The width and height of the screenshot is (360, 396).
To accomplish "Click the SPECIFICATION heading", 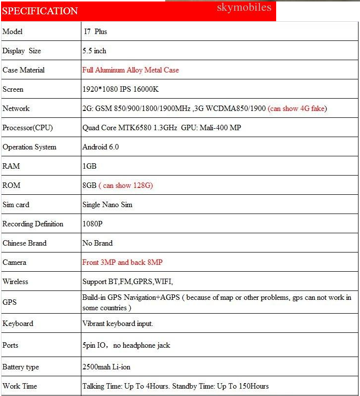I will click(x=40, y=11).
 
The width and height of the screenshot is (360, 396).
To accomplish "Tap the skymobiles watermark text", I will click(x=244, y=7).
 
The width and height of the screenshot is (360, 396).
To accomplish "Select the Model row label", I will click(x=13, y=32).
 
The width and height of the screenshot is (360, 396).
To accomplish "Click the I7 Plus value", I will click(x=95, y=32).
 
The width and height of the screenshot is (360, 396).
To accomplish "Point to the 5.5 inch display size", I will click(x=94, y=51).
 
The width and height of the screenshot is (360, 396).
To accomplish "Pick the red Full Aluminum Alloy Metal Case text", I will click(x=130, y=70).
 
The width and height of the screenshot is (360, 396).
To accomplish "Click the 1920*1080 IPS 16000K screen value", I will click(x=120, y=89).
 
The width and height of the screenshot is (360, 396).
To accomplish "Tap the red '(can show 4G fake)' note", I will click(x=297, y=108).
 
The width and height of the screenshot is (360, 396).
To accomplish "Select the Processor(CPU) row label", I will click(x=28, y=128).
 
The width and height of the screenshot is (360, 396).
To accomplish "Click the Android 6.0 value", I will click(x=101, y=147).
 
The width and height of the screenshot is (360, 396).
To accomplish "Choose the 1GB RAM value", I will click(x=89, y=166).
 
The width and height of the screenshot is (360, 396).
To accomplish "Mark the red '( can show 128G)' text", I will click(x=126, y=185).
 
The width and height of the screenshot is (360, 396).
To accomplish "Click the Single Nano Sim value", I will click(x=107, y=205).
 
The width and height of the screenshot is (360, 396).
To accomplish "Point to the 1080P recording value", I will click(x=92, y=224).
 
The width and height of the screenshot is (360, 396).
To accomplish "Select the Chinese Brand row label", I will click(x=25, y=243).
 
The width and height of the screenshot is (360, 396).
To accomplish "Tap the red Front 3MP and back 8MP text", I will click(x=122, y=262).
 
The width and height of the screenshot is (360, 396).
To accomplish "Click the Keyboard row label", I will click(x=18, y=324).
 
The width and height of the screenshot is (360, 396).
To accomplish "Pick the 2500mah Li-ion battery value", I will click(x=107, y=367).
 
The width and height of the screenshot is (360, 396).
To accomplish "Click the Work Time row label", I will click(x=20, y=386).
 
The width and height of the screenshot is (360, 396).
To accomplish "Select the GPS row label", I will click(x=9, y=302).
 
